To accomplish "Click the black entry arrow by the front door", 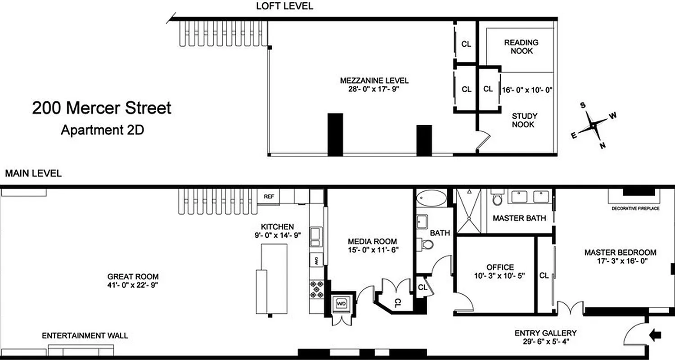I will point(656,334).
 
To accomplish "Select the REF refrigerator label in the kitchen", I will point(269,197).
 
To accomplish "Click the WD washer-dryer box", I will point(342,304).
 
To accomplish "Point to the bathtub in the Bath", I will point(432,198).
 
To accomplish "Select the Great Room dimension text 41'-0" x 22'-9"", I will point(133,285).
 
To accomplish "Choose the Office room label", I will point(500,267).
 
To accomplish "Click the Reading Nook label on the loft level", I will point(521,47).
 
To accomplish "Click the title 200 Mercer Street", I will point(102,108).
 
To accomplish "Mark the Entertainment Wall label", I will point(85,336).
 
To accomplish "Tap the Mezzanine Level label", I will point(374,81).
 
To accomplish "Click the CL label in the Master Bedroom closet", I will point(544,275).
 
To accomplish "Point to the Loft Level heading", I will point(284,6).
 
